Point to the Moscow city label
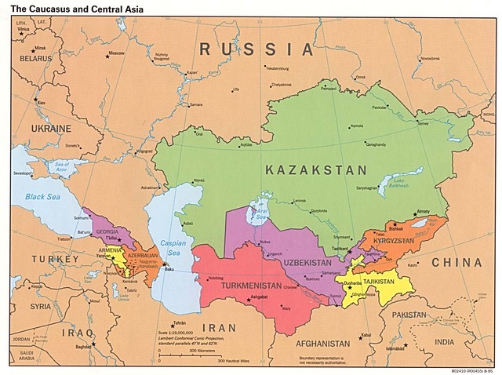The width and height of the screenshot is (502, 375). pyautogui.click(x=116, y=53)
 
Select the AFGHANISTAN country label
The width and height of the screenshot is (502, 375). pyautogui.click(x=322, y=344)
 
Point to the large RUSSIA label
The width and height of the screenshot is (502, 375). pyautogui.click(x=255, y=49)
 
